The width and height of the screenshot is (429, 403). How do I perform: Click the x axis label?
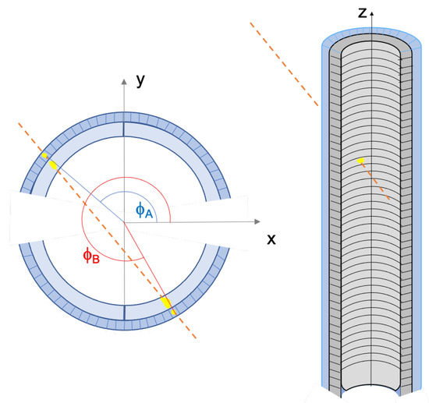coord(271,239)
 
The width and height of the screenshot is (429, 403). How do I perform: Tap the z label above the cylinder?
coord(361,12)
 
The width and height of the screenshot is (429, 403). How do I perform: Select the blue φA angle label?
coord(144,210)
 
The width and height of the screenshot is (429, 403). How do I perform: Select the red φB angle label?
coord(90,256)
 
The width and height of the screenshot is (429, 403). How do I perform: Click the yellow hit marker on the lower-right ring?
coord(168,303)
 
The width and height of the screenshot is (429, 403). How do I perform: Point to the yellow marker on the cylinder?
coord(360,161)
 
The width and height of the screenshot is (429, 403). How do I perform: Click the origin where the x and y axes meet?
coord(122,222)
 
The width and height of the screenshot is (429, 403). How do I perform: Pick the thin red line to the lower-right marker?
coord(144,263)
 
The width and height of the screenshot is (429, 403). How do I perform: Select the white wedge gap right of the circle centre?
coord(211,222)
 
